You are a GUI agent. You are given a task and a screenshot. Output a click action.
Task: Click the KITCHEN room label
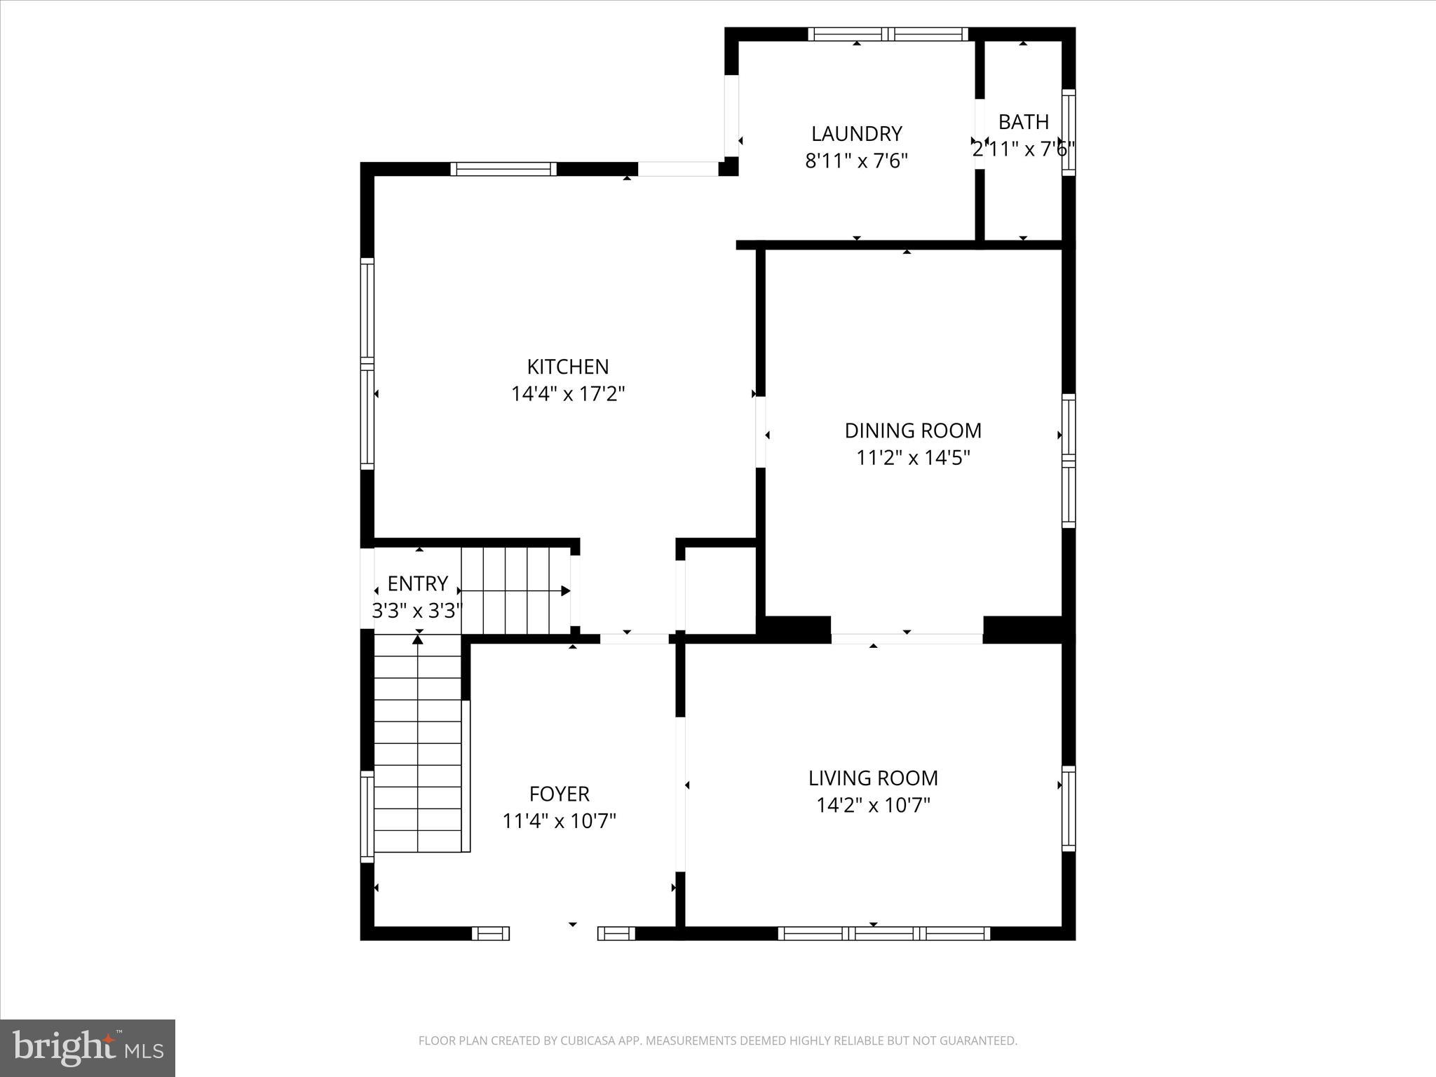tap(567, 367)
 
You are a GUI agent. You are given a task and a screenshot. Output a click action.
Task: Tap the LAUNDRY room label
tap(856, 133)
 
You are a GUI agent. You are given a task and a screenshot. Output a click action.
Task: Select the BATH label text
tap(1023, 122)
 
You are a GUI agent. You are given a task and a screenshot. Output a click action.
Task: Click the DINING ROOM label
tap(912, 431)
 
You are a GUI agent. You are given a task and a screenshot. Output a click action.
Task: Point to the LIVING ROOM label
tap(873, 778)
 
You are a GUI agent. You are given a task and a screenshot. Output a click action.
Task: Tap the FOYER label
tap(559, 794)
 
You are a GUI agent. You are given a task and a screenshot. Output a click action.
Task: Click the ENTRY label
tap(417, 583)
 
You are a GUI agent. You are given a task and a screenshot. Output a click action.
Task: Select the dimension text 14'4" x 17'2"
tap(567, 394)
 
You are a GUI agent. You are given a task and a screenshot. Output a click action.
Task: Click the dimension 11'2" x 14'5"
tap(912, 458)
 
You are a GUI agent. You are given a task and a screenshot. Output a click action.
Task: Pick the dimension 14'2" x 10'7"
tap(873, 806)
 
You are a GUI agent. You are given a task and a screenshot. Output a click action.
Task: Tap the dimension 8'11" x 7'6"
tap(856, 161)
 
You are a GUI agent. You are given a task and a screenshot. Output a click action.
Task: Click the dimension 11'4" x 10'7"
tap(559, 821)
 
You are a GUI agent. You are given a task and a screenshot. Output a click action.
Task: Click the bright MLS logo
tap(88, 1048)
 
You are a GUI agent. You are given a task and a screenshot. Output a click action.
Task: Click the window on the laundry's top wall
tap(888, 34)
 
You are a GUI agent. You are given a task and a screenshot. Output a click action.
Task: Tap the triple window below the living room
tap(883, 933)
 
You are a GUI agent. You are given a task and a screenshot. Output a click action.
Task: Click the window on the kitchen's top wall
tap(503, 169)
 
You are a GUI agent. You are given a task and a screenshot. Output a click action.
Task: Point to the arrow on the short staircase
tap(565, 591)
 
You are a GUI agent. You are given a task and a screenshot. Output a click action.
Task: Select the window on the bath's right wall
tap(1068, 133)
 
